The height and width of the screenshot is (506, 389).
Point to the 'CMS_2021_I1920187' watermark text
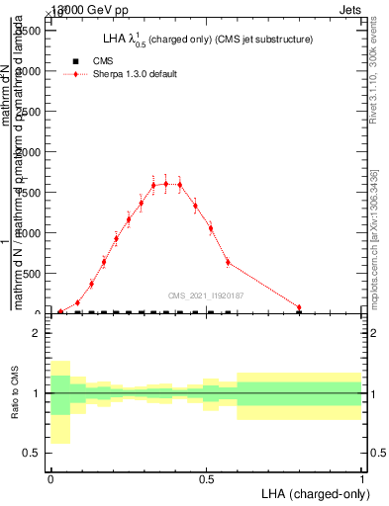[x=206, y=295]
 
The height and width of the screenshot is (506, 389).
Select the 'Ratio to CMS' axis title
[x=15, y=392]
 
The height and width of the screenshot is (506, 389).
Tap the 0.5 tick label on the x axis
[x=206, y=477]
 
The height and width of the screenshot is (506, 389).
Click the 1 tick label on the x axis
[x=362, y=477]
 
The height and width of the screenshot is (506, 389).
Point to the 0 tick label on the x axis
[x=50, y=477]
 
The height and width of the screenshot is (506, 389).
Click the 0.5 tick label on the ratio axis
[x=33, y=453]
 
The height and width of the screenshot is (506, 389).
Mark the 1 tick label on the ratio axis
[x=38, y=393]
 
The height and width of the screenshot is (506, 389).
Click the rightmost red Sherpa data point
[x=299, y=307]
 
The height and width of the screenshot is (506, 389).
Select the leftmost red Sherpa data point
[x=60, y=311]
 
